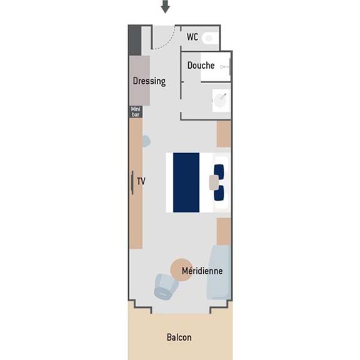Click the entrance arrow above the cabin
click(x=165, y=6)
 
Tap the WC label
click(x=192, y=37)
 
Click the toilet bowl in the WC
click(x=209, y=38)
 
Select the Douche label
click(x=201, y=66)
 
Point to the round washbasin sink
click(x=221, y=101)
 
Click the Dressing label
click(x=149, y=81)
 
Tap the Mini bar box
click(x=136, y=112)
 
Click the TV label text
click(x=141, y=181)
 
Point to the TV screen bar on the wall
click(x=132, y=182)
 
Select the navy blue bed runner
click(x=186, y=182)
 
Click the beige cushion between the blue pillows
click(x=214, y=182)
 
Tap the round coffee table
click(x=182, y=270)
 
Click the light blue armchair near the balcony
click(x=166, y=286)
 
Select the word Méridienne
click(x=202, y=271)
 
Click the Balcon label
click(x=179, y=337)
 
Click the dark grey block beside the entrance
click(x=135, y=41)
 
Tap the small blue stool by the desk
click(x=146, y=141)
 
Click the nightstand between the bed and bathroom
click(x=224, y=134)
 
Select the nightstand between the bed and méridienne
click(x=224, y=231)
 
